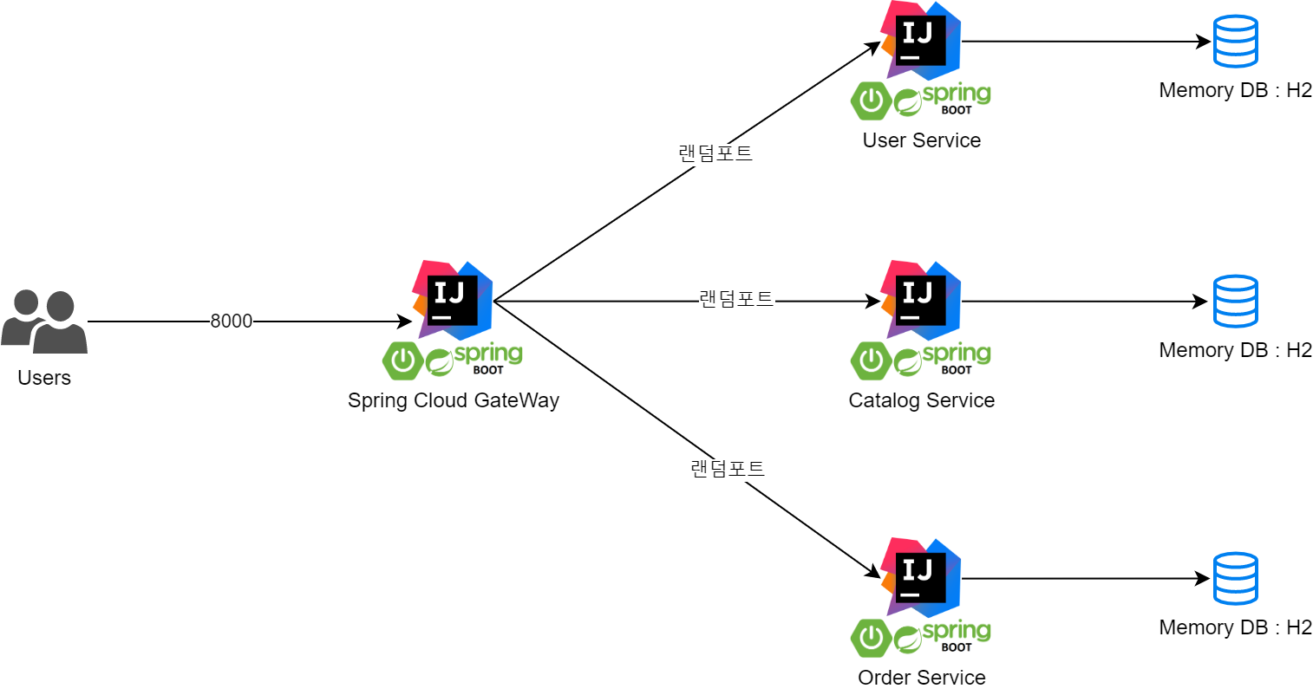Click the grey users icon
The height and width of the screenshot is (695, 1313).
coord(44,322)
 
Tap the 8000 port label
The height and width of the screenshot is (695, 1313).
coord(232,322)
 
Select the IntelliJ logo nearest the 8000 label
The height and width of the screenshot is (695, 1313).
coord(453,299)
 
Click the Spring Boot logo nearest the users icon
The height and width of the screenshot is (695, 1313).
coord(453,360)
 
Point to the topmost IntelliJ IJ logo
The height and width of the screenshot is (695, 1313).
coord(921,40)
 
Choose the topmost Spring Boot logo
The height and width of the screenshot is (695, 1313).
coord(921,101)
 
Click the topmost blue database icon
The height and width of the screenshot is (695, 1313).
coord(1236,41)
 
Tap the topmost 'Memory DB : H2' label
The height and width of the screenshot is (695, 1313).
coord(1235,90)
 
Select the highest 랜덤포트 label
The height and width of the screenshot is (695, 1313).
coord(715,154)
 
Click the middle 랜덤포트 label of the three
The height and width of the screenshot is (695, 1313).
coord(736,300)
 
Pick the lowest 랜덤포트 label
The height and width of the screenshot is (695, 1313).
coord(728,470)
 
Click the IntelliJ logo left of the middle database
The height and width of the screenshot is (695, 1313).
coord(921,299)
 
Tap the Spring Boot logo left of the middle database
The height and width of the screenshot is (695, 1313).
coord(921,360)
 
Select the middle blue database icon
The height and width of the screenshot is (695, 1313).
coord(1236,301)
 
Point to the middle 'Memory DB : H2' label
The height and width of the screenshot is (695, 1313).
coord(1235,350)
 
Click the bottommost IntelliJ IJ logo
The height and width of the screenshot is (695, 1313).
coord(921,577)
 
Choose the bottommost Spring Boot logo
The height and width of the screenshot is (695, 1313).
coord(921,638)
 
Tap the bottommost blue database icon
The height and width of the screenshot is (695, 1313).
coord(1236,578)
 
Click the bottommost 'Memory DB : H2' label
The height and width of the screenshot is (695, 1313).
coord(1235,627)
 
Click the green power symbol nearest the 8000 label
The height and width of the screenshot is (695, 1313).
coord(403,360)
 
